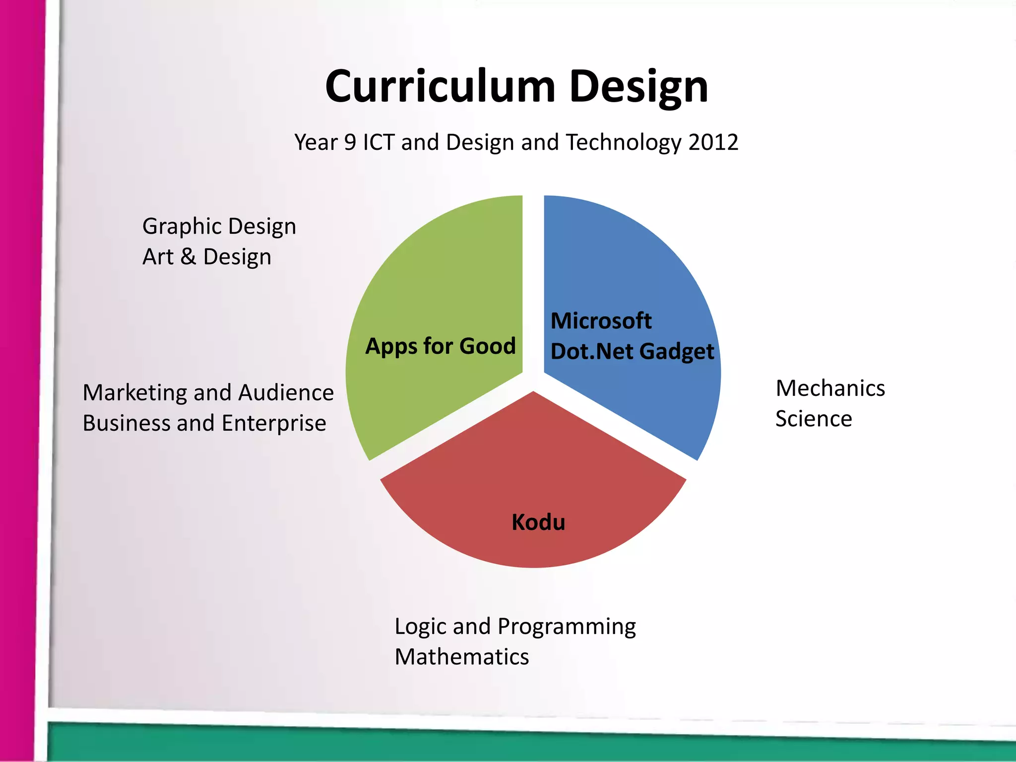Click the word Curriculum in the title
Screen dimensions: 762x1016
tap(440, 87)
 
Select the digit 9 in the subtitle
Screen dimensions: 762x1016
tap(350, 142)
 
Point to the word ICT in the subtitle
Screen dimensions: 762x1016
tap(379, 142)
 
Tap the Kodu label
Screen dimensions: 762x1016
tap(538, 522)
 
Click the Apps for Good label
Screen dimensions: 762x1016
tap(441, 346)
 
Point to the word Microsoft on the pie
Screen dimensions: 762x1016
tap(601, 321)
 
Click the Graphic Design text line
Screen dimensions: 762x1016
tap(219, 227)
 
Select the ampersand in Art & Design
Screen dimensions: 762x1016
tap(188, 257)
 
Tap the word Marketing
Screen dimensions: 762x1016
tap(134, 393)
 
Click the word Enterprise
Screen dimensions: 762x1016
tap(274, 423)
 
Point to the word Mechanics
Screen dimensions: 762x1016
tap(830, 388)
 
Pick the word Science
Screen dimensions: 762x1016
tap(814, 419)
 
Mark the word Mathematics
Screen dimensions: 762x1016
tap(462, 657)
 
